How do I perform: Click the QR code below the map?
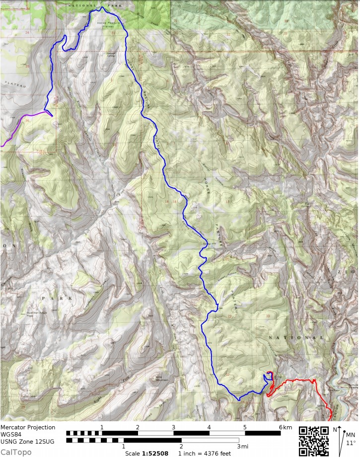[x=314, y=441]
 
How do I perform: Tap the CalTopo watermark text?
[x=16, y=452]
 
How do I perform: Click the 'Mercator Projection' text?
[x=28, y=427]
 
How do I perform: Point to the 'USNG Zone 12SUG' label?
[x=28, y=441]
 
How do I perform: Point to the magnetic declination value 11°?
[x=351, y=443]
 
